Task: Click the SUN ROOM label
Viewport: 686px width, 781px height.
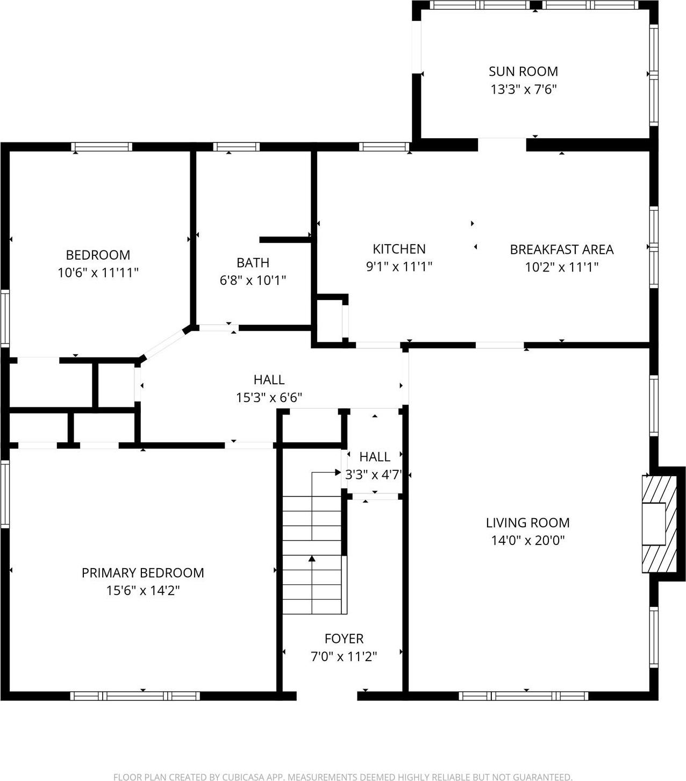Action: [523, 71]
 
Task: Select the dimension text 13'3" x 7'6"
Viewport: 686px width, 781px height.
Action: [523, 89]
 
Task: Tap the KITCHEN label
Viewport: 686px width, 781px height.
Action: [399, 249]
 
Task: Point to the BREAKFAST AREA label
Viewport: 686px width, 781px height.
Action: [561, 249]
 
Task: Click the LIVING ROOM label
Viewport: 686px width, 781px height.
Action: [527, 522]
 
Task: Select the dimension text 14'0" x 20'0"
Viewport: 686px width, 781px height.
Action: [527, 540]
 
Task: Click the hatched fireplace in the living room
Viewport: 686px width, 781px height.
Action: [659, 523]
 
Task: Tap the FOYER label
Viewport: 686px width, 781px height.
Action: [344, 639]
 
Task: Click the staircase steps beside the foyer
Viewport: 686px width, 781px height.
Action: [312, 554]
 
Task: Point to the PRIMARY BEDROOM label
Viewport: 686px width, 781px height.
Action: [142, 573]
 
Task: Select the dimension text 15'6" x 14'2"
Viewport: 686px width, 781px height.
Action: [142, 591]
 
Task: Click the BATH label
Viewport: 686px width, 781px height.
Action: [253, 263]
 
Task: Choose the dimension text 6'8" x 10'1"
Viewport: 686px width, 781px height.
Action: [253, 280]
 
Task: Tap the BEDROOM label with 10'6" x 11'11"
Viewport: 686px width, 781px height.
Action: [98, 255]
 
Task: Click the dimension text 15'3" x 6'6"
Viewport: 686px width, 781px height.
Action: [269, 398]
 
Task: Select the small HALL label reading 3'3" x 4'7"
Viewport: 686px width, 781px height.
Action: [375, 457]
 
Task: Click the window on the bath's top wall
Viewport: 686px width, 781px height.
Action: [236, 147]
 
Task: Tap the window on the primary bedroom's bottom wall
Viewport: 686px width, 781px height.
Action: [135, 696]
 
